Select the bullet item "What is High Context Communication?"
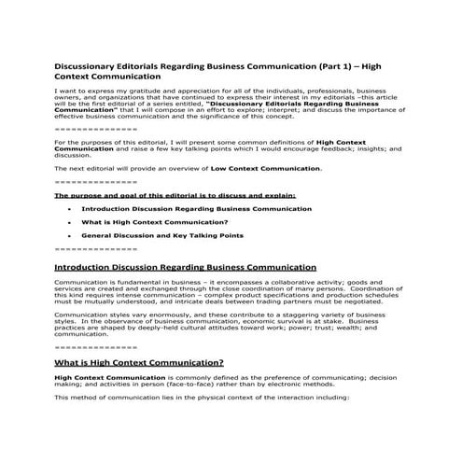[x=142, y=223]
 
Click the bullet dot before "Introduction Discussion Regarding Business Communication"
[x=71, y=209]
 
